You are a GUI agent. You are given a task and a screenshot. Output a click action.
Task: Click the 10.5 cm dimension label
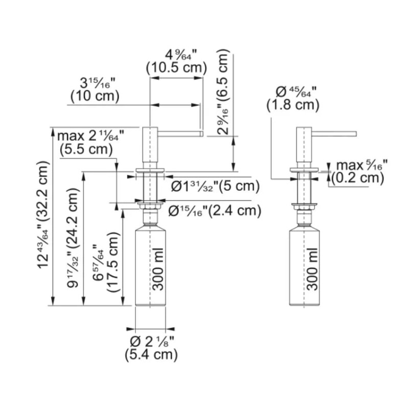[x=176, y=68]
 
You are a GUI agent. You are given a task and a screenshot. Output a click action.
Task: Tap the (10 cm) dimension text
[x=95, y=96]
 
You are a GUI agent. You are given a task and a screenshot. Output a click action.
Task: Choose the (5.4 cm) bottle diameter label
[x=151, y=355]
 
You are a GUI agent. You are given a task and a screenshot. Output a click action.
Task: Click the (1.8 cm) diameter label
[x=292, y=105]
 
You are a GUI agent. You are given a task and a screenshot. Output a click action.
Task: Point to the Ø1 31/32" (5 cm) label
[x=215, y=186]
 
